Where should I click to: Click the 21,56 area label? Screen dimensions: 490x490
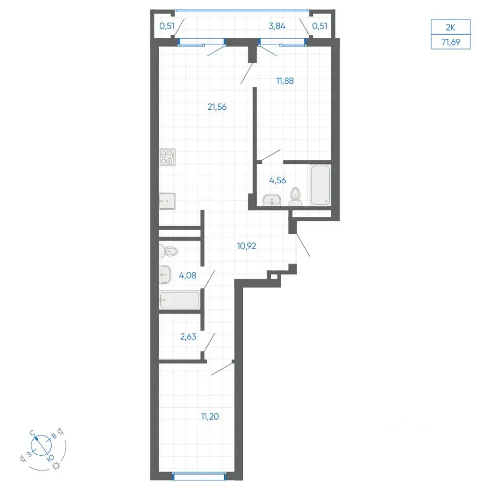(x=217, y=107)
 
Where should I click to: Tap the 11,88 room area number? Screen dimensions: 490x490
(x=285, y=81)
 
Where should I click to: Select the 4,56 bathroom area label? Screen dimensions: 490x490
(x=278, y=180)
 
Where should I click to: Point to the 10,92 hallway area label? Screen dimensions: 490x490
(x=247, y=246)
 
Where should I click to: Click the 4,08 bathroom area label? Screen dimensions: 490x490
(x=187, y=275)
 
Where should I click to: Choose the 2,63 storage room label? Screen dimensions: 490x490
(x=188, y=336)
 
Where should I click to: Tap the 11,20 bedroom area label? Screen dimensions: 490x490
(x=210, y=416)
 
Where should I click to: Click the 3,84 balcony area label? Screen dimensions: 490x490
(x=277, y=26)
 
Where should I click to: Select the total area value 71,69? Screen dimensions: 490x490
(x=451, y=42)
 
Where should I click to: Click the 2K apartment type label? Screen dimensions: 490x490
(x=450, y=28)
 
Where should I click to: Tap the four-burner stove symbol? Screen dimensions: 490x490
(x=167, y=157)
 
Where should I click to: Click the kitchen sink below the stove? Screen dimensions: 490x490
(x=167, y=201)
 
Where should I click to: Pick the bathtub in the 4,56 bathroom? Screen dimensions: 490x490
(x=321, y=185)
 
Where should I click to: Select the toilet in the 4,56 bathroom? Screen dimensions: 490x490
(x=296, y=197)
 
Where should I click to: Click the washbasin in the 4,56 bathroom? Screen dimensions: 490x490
(x=272, y=200)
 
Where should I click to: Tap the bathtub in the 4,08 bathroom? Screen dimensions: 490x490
(x=179, y=300)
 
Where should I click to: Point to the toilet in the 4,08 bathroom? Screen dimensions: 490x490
(x=168, y=251)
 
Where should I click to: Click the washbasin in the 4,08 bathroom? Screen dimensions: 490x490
(x=165, y=275)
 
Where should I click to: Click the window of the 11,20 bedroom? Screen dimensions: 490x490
(x=199, y=476)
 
